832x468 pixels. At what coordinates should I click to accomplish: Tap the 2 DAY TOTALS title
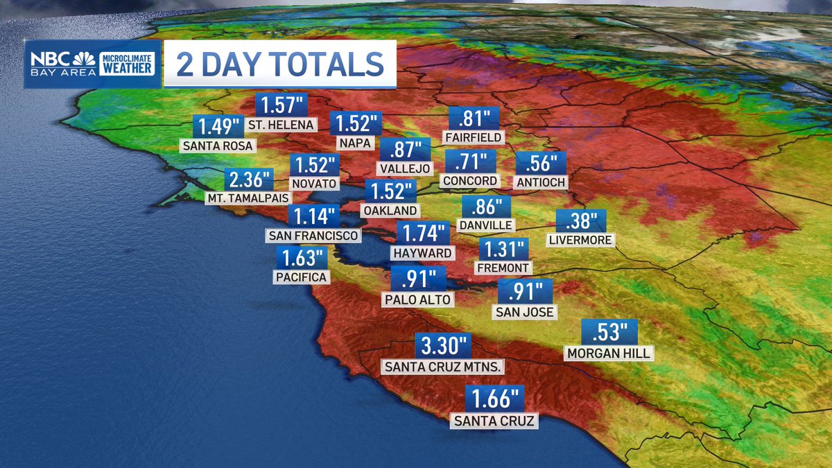click(280, 64)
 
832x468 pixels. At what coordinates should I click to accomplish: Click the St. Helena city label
click(281, 125)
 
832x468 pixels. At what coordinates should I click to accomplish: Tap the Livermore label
click(580, 241)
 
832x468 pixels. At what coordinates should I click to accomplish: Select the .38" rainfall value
click(581, 222)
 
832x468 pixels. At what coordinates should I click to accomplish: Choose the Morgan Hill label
click(609, 353)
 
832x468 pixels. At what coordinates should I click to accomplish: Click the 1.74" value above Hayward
click(422, 234)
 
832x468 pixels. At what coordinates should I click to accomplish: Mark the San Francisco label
click(313, 235)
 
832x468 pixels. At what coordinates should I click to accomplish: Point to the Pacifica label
click(301, 277)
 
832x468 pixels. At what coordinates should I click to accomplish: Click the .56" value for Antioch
click(541, 164)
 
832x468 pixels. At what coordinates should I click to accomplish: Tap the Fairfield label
click(474, 137)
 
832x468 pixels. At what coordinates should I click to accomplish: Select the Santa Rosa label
click(218, 146)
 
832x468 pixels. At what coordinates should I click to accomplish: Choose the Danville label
click(485, 225)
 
